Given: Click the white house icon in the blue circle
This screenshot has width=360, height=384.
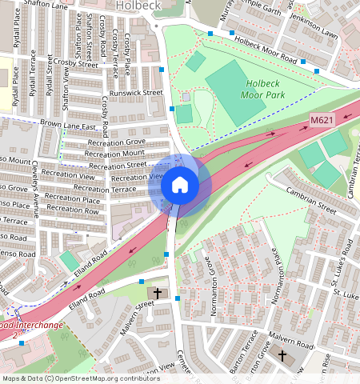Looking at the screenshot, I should (180, 186).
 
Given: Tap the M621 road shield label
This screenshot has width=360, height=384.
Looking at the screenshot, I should (322, 121).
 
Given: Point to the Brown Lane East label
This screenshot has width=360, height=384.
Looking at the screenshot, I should (68, 126).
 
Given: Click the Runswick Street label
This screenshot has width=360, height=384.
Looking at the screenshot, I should (136, 93).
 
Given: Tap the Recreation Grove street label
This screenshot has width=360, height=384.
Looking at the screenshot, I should (117, 142).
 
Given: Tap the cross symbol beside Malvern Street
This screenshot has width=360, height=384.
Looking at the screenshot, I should (157, 294).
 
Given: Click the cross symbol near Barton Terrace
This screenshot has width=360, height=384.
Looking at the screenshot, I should (281, 354).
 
